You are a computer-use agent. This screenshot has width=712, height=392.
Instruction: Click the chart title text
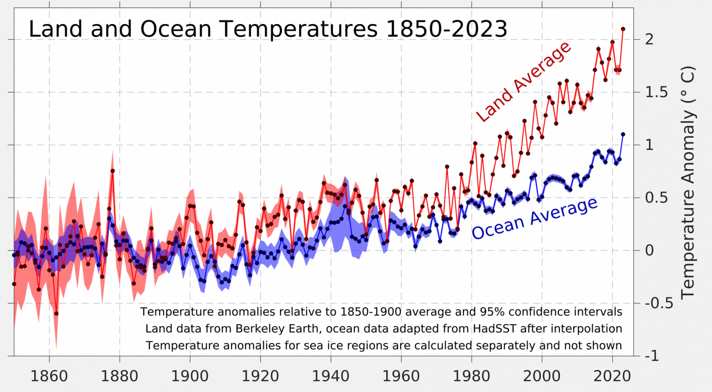click(268, 29)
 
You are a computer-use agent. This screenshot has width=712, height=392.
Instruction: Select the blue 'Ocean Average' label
click(534, 218)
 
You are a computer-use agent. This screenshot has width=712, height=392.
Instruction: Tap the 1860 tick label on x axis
click(49, 376)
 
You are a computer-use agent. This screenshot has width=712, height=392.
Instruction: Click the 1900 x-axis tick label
click(190, 376)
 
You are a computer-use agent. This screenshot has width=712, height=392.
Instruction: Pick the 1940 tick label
click(331, 376)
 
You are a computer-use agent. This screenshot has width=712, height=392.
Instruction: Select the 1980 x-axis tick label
click(471, 376)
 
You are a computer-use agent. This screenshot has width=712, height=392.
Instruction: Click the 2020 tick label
click(612, 376)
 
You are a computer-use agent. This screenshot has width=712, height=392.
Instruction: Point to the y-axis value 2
click(649, 39)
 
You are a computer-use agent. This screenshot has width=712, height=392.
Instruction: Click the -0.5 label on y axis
click(659, 303)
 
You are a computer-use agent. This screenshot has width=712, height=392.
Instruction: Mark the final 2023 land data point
click(623, 29)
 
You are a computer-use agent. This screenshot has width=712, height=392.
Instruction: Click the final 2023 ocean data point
click(623, 134)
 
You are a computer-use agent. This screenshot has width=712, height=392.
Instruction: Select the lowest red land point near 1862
click(56, 314)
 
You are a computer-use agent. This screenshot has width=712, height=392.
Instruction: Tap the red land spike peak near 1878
click(112, 171)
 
